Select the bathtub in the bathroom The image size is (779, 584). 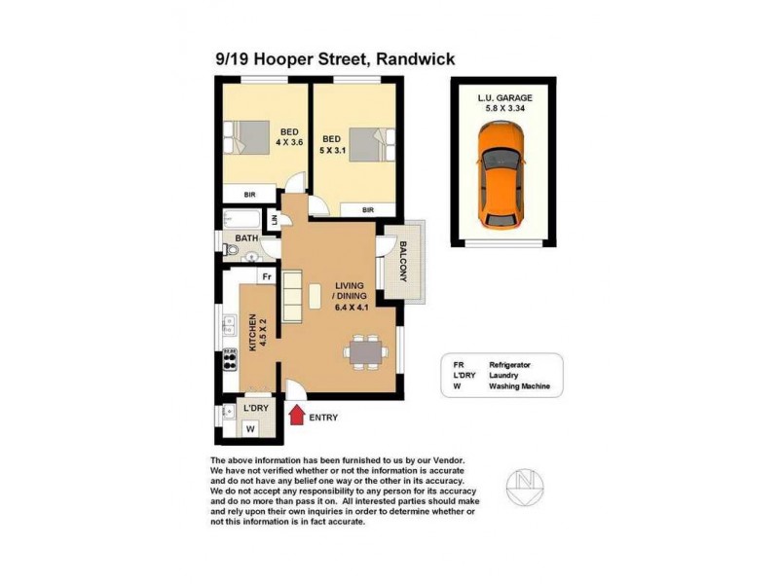pyautogui.click(x=241, y=218)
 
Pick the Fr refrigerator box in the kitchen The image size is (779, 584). pyautogui.click(x=264, y=276)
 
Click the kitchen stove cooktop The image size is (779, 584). pyautogui.click(x=232, y=360)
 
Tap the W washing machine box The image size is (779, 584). pyautogui.click(x=250, y=428)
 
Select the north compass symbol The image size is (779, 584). pyautogui.click(x=525, y=485)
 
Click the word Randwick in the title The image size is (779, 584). pyautogui.click(x=413, y=60)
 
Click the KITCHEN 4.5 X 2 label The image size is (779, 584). pyautogui.click(x=256, y=332)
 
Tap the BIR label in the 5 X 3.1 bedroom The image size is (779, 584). pyautogui.click(x=368, y=209)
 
